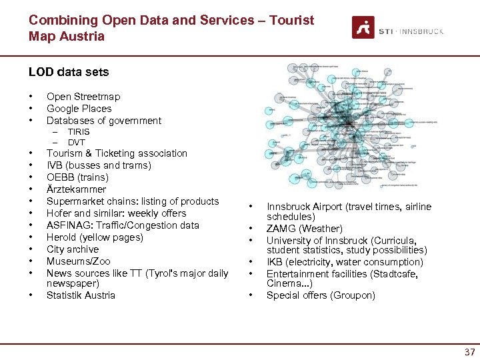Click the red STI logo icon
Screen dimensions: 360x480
coord(363,27)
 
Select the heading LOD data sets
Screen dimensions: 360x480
coord(69,72)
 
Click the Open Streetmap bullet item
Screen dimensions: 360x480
coord(83,97)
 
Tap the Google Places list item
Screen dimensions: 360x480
coord(79,109)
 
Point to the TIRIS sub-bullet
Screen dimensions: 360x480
coord(78,132)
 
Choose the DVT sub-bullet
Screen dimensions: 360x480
coord(76,143)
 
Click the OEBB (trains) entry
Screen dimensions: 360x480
coord(77,177)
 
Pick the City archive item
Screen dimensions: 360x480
coord(72,249)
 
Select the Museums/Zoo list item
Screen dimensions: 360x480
coord(78,261)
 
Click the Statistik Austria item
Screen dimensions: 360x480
coord(81,295)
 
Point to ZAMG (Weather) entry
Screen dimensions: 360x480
coord(304,229)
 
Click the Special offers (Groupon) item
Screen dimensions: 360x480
coord(321,295)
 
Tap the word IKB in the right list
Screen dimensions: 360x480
coord(275,262)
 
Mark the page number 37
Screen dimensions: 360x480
coord(469,352)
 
